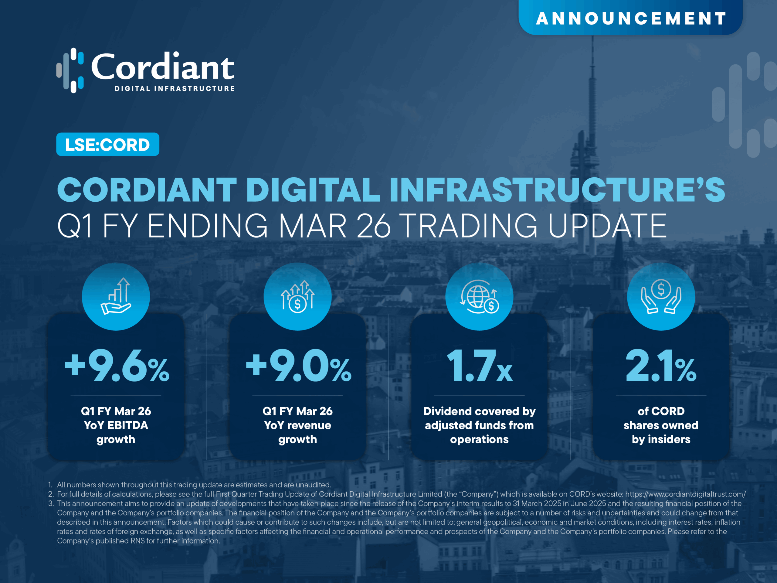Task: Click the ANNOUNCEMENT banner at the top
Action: [x=630, y=18]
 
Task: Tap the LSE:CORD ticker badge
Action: [x=107, y=145]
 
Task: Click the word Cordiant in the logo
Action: [x=163, y=67]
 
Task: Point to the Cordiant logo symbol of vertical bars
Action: [x=70, y=70]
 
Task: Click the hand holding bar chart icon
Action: [x=116, y=296]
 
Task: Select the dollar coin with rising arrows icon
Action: [x=297, y=296]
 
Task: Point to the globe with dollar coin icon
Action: [x=479, y=296]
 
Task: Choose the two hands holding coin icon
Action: [x=661, y=296]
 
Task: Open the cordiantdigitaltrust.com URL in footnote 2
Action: [x=685, y=494]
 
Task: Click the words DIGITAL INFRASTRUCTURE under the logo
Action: [x=175, y=89]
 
